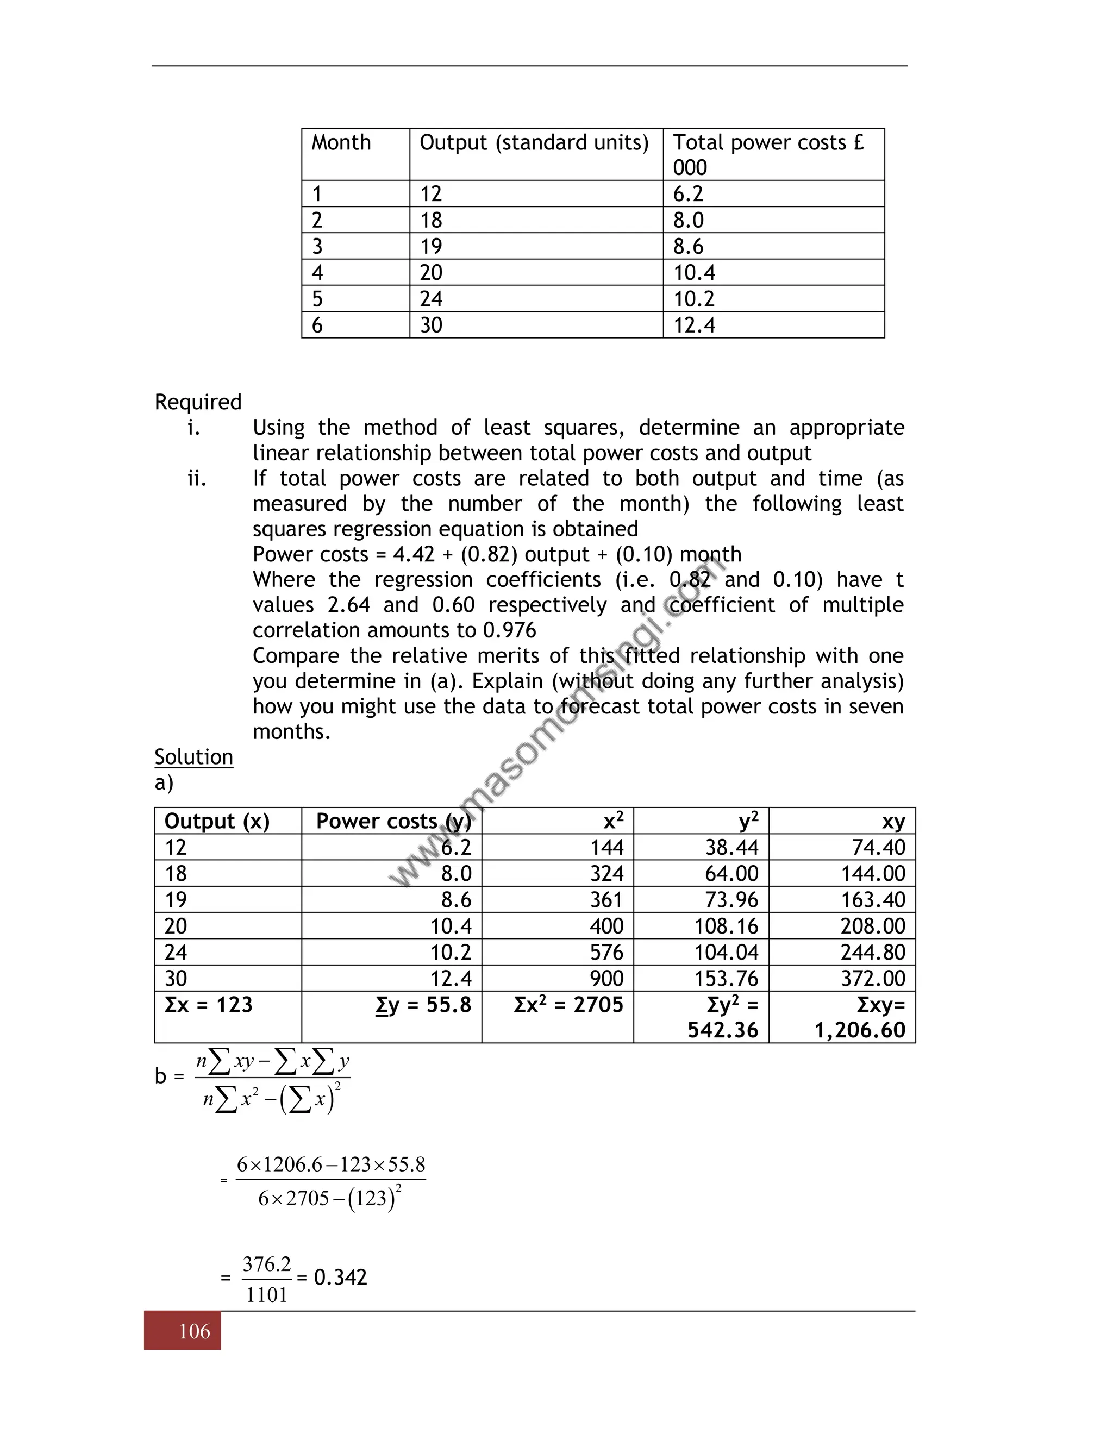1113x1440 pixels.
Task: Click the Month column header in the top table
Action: point(341,142)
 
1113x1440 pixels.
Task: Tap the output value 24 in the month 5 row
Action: point(430,299)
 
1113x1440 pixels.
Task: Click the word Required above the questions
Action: point(198,402)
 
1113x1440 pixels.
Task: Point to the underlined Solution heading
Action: point(194,756)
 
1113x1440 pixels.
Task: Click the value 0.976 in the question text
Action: point(509,630)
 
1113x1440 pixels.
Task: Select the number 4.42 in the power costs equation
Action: point(414,554)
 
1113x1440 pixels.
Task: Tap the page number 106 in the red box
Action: point(195,1331)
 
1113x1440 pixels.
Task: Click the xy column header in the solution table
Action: point(893,821)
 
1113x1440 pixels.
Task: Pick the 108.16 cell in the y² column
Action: point(726,926)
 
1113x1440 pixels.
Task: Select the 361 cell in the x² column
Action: point(606,899)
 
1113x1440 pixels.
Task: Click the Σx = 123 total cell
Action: point(208,1004)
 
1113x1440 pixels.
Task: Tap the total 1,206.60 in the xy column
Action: point(860,1030)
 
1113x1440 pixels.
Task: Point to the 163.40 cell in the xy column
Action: point(873,899)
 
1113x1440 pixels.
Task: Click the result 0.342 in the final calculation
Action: point(340,1277)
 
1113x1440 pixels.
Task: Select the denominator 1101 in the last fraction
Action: point(266,1295)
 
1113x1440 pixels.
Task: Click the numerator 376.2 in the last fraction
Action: point(266,1264)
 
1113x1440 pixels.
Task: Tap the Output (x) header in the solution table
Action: point(217,821)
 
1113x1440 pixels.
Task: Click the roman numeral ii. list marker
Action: point(197,478)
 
